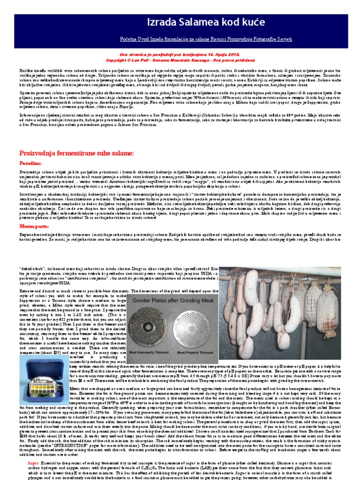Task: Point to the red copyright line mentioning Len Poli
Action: tap(180, 60)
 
